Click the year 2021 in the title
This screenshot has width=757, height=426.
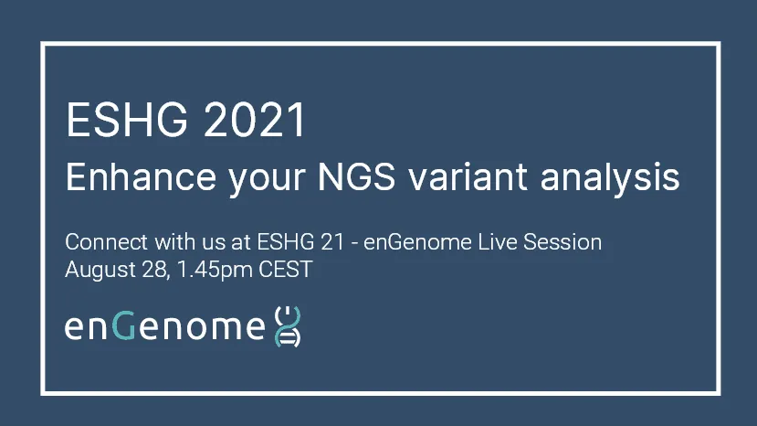point(255,120)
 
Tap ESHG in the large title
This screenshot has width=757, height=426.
point(127,120)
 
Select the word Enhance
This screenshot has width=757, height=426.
point(141,177)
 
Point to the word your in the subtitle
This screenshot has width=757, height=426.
point(267,180)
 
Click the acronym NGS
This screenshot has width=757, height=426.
point(356,177)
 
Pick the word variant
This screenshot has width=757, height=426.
point(467,177)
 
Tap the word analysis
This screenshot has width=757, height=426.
point(610,180)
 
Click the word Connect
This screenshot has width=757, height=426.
point(106,241)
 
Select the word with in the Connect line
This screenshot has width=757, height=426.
point(175,241)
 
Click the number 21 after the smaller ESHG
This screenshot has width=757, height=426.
point(332,241)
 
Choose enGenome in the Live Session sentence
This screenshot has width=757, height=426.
point(417,242)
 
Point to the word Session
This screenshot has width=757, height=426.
point(562,241)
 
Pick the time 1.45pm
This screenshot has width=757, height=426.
point(215,271)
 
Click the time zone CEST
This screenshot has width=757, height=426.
point(286,270)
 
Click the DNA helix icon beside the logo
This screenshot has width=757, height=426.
point(288,326)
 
